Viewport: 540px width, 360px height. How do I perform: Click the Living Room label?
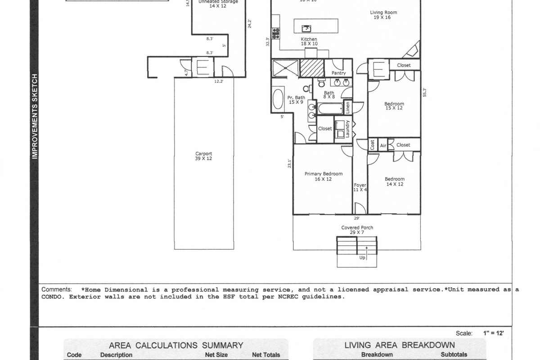[x=383, y=15]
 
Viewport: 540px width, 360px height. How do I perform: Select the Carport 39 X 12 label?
[x=203, y=156]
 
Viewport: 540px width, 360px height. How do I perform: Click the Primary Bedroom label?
[x=323, y=176]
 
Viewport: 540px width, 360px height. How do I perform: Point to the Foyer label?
[x=360, y=187]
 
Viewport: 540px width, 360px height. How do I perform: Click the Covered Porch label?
[x=357, y=230]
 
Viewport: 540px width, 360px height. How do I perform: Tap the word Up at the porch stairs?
[x=362, y=258]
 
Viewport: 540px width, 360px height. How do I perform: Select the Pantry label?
[x=338, y=73]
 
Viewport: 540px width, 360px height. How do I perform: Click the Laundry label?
[x=347, y=128]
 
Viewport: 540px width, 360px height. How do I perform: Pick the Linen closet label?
[x=347, y=108]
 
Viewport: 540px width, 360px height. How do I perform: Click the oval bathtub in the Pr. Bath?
[x=278, y=99]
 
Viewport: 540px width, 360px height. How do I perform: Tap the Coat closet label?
[x=373, y=145]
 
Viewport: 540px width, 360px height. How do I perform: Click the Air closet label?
[x=383, y=145]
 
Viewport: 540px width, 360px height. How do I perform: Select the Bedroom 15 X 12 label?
[x=394, y=106]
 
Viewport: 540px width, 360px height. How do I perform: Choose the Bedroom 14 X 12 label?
[x=394, y=181]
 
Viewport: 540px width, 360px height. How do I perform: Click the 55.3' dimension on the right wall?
[x=424, y=92]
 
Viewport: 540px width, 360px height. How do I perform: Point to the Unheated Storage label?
[x=218, y=4]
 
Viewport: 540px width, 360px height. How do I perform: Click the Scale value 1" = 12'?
[x=493, y=333]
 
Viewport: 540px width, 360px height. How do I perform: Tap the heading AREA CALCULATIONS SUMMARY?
[x=176, y=346]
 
